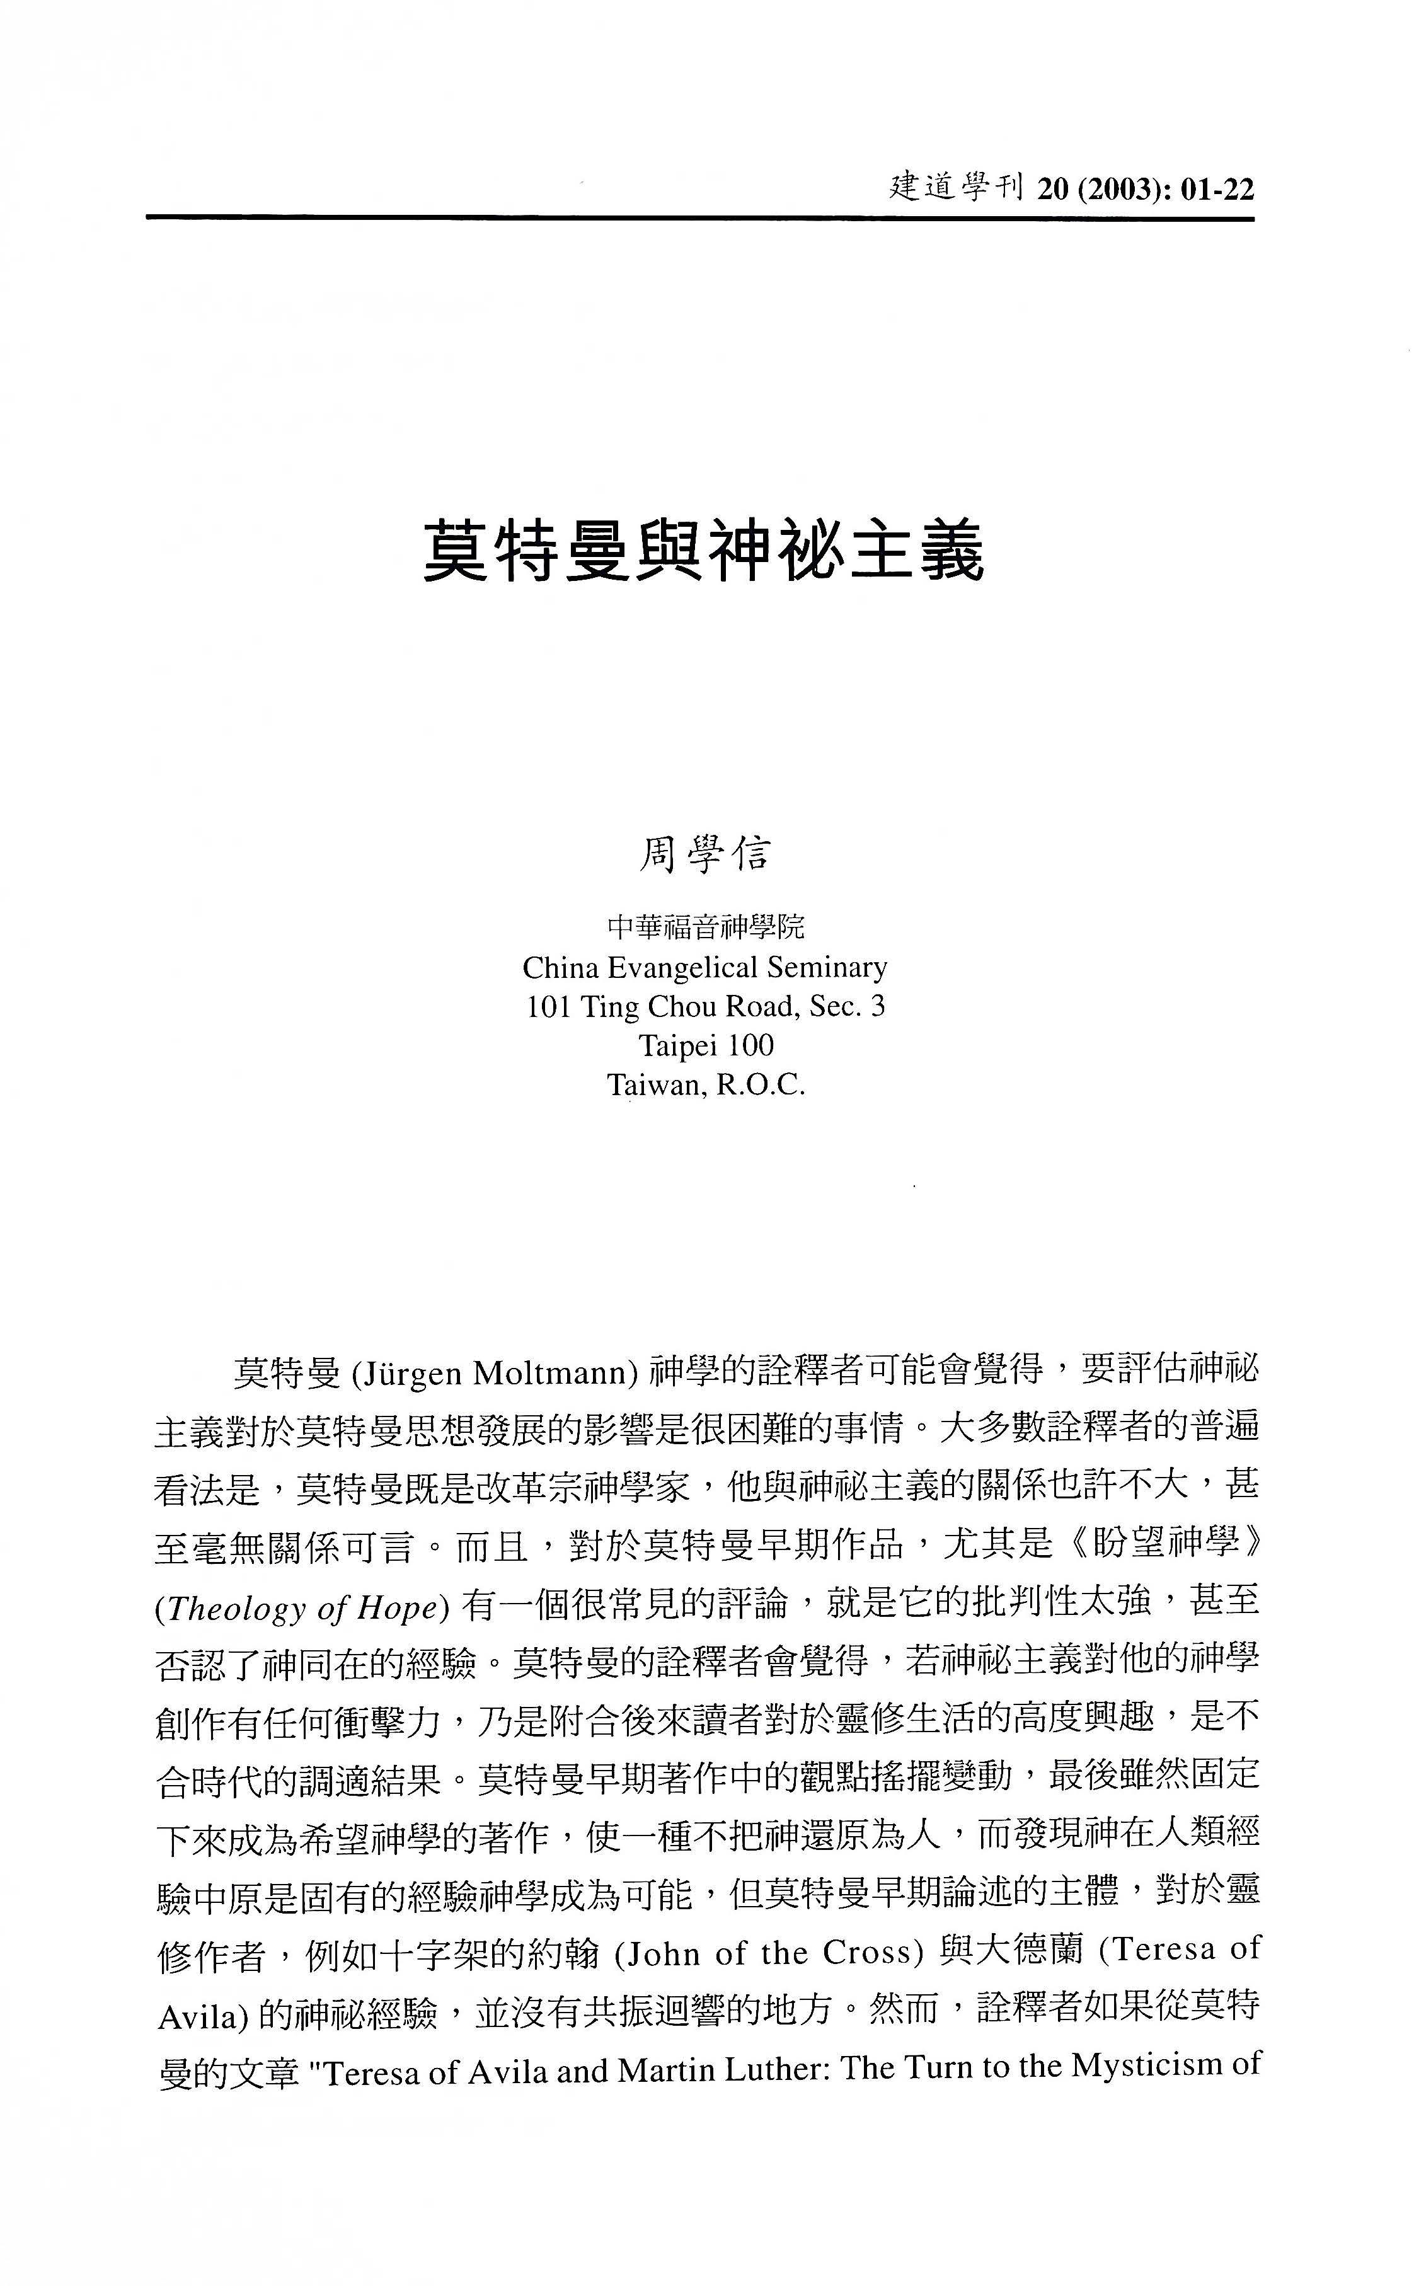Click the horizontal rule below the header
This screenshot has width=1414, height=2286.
point(699,219)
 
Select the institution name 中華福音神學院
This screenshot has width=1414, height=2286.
point(705,928)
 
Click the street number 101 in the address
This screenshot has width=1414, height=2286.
point(549,1006)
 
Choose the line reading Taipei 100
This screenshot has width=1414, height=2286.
point(706,1045)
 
